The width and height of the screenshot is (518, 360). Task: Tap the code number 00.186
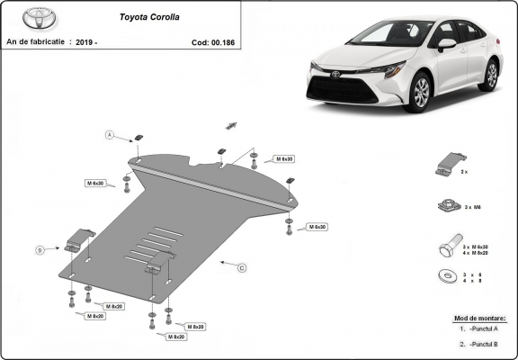tap(225, 41)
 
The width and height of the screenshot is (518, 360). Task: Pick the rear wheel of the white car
tap(490, 73)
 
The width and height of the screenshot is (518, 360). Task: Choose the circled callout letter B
tap(40, 249)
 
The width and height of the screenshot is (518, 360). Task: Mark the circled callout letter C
tap(242, 267)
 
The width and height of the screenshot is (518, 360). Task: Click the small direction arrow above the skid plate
tap(230, 124)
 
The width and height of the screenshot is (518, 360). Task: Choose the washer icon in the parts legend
tap(445, 276)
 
